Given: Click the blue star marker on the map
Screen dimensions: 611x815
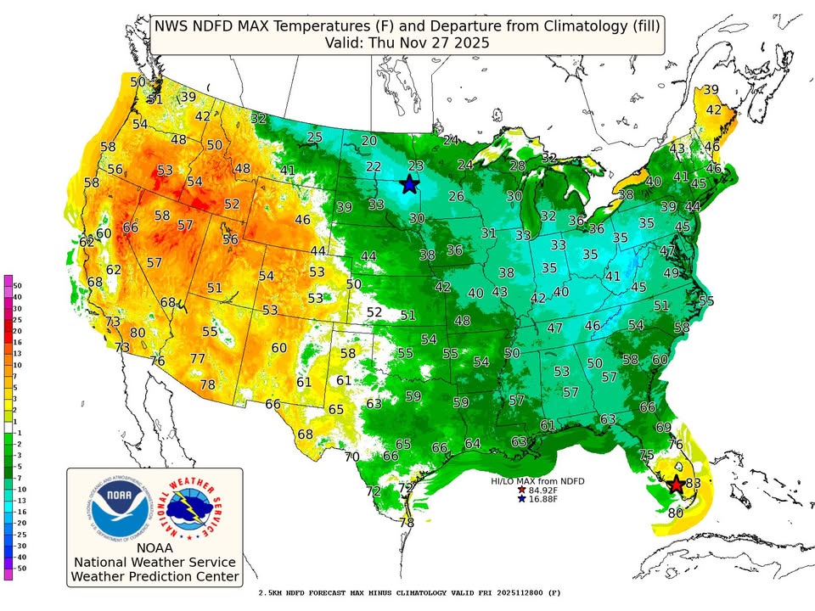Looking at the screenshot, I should (x=410, y=184).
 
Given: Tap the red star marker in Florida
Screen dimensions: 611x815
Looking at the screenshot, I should (x=676, y=485).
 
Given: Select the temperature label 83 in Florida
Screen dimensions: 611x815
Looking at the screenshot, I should (x=694, y=483).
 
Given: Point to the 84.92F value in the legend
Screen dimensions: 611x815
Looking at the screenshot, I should (x=545, y=490).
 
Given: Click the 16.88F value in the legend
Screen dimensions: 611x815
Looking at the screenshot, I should (x=545, y=500).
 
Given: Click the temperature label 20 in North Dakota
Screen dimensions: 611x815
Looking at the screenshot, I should (x=369, y=141).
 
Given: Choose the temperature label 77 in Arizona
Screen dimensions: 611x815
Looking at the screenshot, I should (x=197, y=359).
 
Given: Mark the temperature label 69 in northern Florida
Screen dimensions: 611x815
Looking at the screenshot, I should (x=663, y=427).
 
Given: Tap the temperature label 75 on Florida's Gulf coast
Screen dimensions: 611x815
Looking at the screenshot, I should (x=646, y=455).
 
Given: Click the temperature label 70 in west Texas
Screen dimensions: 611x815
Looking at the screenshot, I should (x=353, y=457).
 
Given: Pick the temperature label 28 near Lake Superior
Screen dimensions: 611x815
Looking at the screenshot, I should (x=517, y=165).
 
